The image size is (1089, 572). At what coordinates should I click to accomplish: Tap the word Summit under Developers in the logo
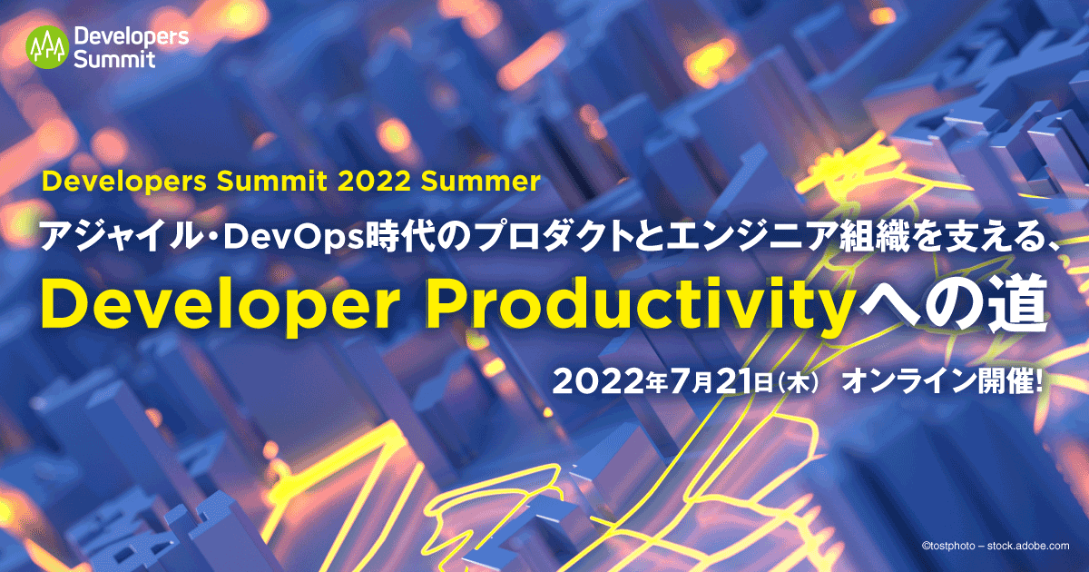point(113,60)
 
